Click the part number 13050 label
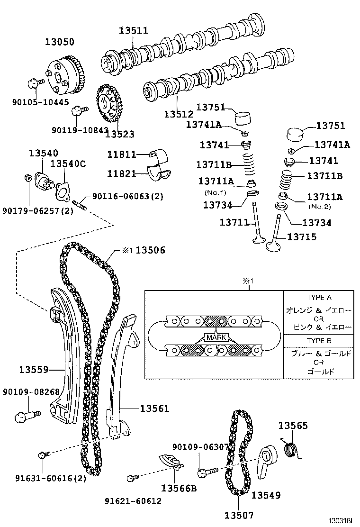(x=59, y=42)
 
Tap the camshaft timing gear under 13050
(x=67, y=76)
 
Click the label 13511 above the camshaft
(x=133, y=30)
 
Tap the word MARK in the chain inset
(x=216, y=337)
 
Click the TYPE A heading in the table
(x=318, y=298)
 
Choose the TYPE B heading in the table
(x=318, y=341)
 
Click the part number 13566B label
(x=179, y=488)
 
